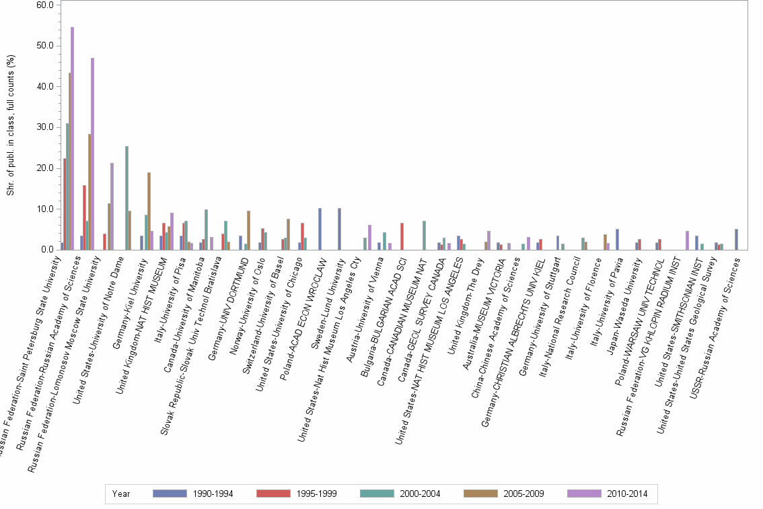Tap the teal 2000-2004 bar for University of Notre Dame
(126, 198)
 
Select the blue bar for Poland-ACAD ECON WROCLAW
(320, 229)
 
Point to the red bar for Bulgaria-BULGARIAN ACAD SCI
(402, 236)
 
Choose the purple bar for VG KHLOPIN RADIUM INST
(687, 240)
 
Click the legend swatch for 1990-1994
(172, 494)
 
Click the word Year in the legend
(122, 494)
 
